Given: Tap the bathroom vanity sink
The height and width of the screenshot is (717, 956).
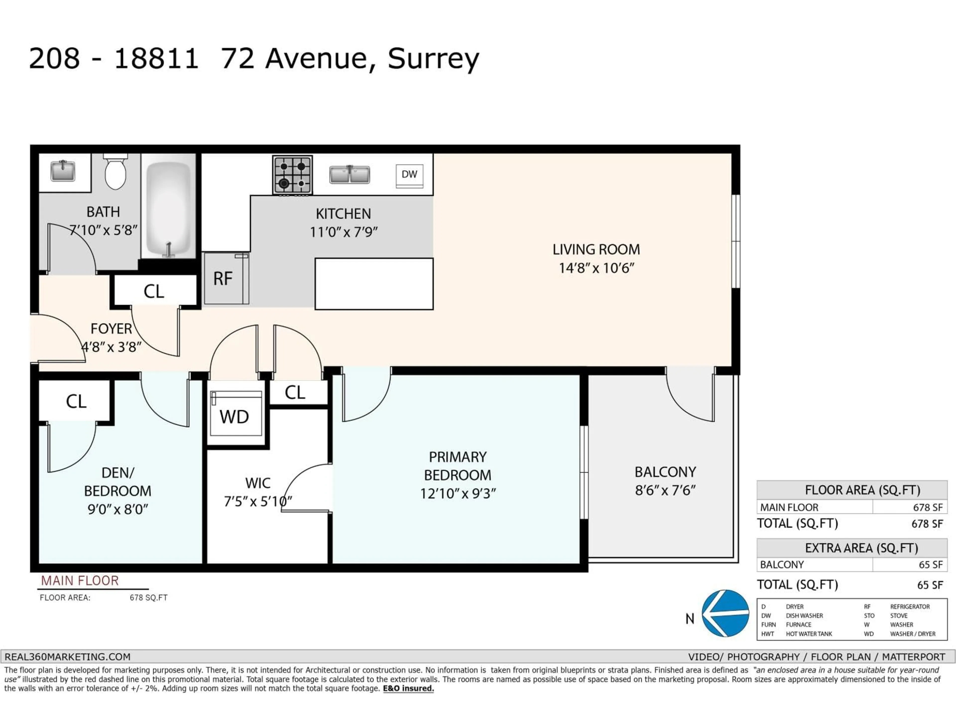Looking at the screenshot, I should pyautogui.click(x=63, y=171).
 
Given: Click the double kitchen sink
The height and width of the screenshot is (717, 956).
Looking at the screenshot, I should pyautogui.click(x=349, y=175).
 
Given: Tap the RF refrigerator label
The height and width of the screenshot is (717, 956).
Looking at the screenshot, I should pyautogui.click(x=223, y=279).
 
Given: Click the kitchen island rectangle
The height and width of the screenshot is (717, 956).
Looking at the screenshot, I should pyautogui.click(x=374, y=284).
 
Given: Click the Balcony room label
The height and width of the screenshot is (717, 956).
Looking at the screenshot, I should pyautogui.click(x=665, y=472).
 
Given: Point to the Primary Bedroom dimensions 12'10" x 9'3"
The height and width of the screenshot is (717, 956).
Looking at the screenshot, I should pyautogui.click(x=458, y=493).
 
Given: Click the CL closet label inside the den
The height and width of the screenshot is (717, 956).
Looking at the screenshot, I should pyautogui.click(x=76, y=402).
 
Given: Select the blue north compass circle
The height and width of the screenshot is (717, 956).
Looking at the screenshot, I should pyautogui.click(x=725, y=613).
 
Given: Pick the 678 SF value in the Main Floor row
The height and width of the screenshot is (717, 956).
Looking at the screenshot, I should pyautogui.click(x=927, y=507).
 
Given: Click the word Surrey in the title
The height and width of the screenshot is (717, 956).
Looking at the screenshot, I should pyautogui.click(x=433, y=59).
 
